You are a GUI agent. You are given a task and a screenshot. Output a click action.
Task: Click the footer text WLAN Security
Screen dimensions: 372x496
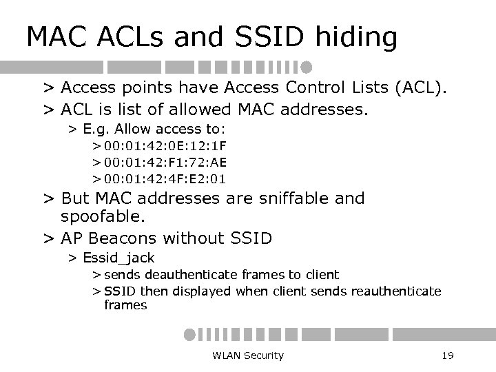point(248,355)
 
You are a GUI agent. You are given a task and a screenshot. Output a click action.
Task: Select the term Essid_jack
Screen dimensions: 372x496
point(118,258)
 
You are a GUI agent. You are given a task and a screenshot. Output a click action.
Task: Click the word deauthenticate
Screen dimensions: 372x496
point(192,274)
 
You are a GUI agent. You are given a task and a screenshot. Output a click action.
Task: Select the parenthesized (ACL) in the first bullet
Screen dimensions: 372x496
point(421,87)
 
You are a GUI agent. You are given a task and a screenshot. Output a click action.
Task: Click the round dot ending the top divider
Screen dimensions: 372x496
point(307,67)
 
